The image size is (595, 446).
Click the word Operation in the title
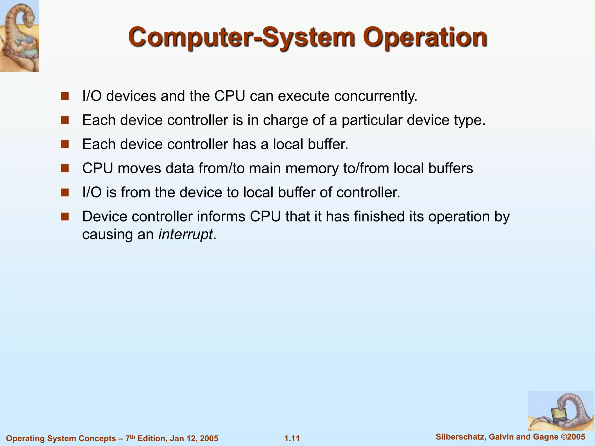[x=425, y=38]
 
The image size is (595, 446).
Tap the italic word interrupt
[x=186, y=234]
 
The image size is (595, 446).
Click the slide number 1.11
[x=292, y=438]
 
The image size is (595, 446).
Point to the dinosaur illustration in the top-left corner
[x=19, y=35]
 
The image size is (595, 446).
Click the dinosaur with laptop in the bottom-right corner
[x=561, y=411]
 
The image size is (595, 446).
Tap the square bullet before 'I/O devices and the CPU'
[x=64, y=96]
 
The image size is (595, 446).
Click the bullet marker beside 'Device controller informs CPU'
[x=64, y=217]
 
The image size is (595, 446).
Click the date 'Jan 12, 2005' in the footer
[x=194, y=438]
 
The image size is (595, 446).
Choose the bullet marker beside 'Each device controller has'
[x=64, y=144]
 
